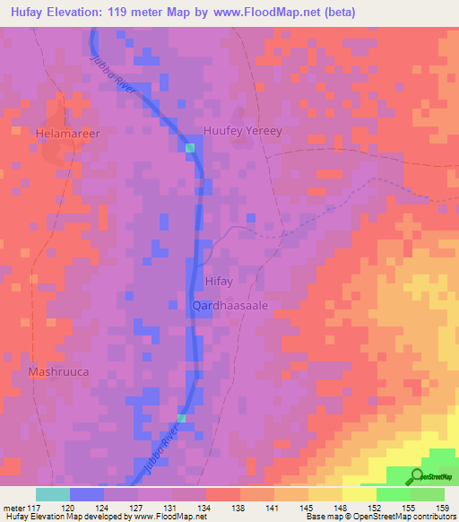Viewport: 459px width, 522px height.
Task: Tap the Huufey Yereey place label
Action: tap(243, 130)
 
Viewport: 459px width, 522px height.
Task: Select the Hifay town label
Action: tap(219, 282)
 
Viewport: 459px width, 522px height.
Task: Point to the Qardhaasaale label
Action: tap(230, 305)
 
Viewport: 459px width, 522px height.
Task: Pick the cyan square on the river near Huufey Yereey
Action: tap(190, 147)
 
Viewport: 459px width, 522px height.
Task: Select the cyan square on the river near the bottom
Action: tap(181, 418)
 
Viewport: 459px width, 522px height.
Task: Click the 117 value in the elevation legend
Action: tap(37, 507)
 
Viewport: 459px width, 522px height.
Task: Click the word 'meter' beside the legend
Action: tap(14, 507)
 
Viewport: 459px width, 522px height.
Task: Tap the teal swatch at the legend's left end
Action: tap(52, 494)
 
